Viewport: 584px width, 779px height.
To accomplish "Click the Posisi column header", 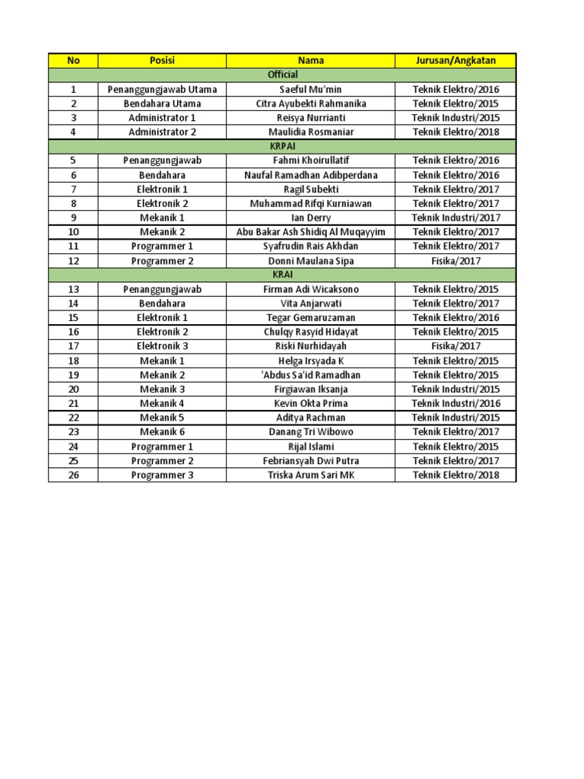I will [162, 61].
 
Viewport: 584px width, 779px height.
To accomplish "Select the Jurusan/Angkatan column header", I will [455, 61].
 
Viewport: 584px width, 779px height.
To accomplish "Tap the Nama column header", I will [311, 61].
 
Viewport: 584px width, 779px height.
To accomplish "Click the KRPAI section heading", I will [282, 146].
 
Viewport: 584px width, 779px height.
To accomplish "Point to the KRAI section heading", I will [282, 275].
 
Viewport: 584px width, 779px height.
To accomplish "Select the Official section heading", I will [282, 75].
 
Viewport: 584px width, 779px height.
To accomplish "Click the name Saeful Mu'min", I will [311, 89].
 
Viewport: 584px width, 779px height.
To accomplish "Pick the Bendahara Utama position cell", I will [162, 103].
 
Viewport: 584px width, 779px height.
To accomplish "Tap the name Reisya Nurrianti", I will [311, 118].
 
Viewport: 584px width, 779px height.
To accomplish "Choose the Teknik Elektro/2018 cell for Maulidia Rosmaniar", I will [455, 132].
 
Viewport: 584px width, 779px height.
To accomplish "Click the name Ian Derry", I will [311, 218].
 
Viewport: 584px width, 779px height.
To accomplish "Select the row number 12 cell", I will [74, 261].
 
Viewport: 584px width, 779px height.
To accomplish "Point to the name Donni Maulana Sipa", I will [311, 261].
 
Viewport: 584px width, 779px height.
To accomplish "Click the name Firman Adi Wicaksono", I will [311, 289].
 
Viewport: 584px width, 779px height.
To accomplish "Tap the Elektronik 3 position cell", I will [162, 346].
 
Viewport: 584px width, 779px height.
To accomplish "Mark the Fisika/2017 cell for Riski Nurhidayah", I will [455, 346].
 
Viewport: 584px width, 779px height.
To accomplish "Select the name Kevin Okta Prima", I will [311, 403].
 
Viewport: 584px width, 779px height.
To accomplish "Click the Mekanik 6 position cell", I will [162, 432].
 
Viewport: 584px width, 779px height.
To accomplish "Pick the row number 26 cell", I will [74, 475].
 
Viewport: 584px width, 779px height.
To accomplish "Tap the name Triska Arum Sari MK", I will [311, 475].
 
